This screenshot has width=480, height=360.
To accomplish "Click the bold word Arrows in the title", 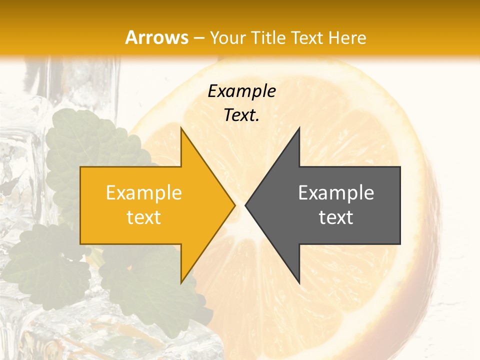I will tap(157, 37).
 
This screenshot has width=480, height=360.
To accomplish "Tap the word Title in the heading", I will tap(268, 38).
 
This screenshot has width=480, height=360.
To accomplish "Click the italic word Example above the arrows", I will tap(241, 91).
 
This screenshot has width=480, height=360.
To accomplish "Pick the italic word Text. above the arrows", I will tap(241, 115).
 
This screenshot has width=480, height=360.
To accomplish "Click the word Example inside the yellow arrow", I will tap(143, 192).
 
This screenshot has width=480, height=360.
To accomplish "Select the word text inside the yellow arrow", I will tap(143, 217).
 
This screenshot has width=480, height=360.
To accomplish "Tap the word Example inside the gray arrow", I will tap(336, 192).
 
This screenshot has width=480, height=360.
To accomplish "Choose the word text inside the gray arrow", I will tap(336, 217).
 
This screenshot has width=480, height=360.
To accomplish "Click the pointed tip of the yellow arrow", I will tap(234, 204).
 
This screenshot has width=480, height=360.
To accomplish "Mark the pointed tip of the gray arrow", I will tap(245, 204).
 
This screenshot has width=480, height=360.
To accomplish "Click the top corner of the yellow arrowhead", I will tap(181, 128).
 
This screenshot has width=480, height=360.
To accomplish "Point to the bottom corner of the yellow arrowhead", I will tap(181, 282).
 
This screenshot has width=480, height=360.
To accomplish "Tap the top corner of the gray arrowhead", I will tap(299, 128).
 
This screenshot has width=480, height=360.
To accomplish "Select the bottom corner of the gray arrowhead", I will tap(299, 282).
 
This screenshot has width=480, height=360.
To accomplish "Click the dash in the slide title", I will tap(198, 38).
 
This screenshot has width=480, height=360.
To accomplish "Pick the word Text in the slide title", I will tap(305, 38).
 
